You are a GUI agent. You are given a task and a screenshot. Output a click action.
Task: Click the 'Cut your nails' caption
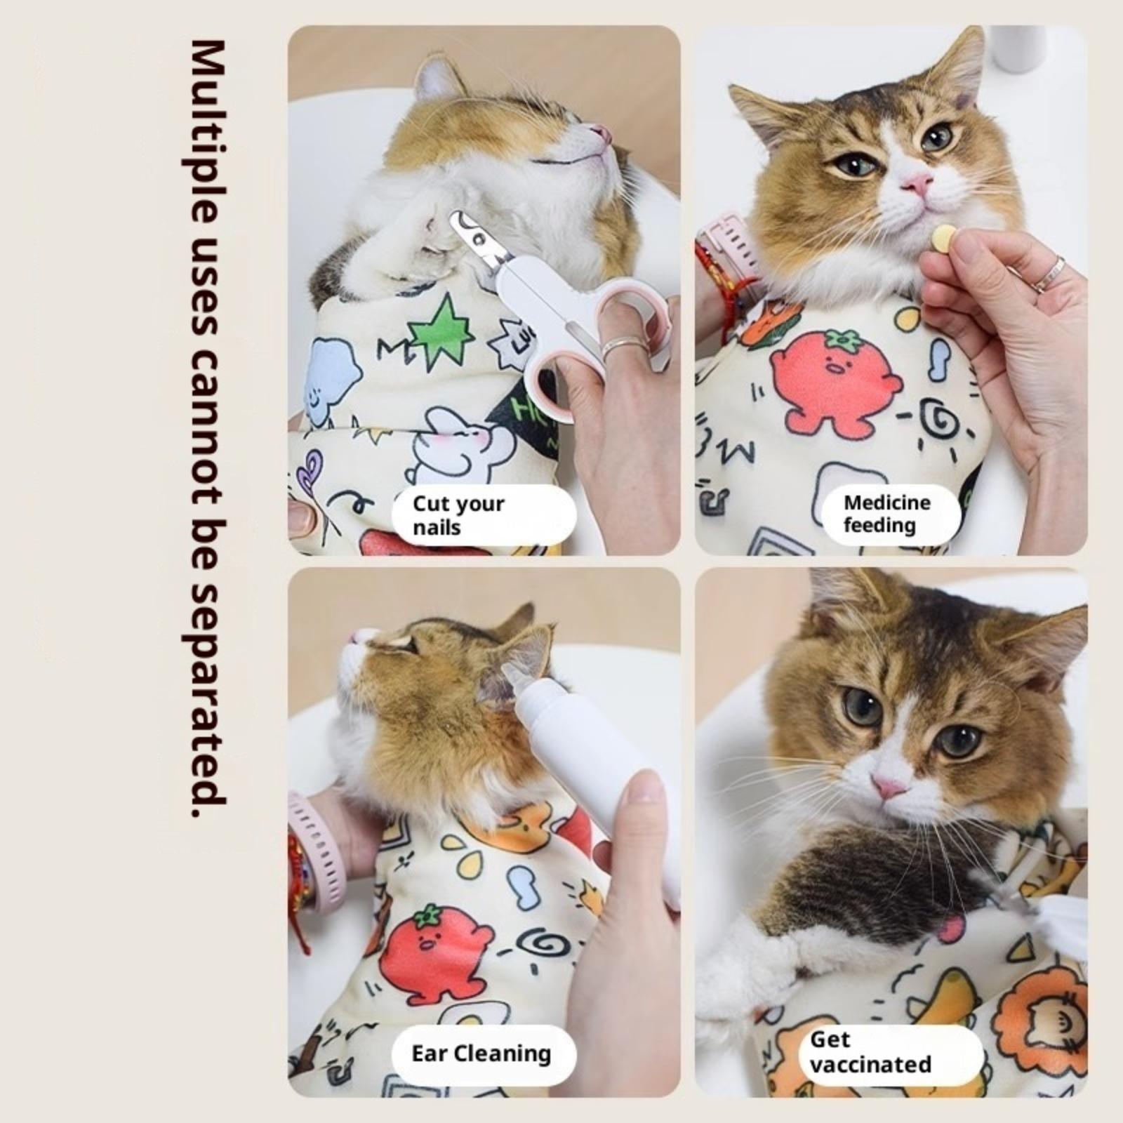click(x=458, y=514)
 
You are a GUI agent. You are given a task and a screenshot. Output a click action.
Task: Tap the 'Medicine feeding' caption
click(x=887, y=513)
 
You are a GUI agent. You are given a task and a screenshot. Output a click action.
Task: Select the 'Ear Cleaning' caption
click(x=481, y=1054)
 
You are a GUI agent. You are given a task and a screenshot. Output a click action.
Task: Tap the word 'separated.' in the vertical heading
click(x=208, y=702)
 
